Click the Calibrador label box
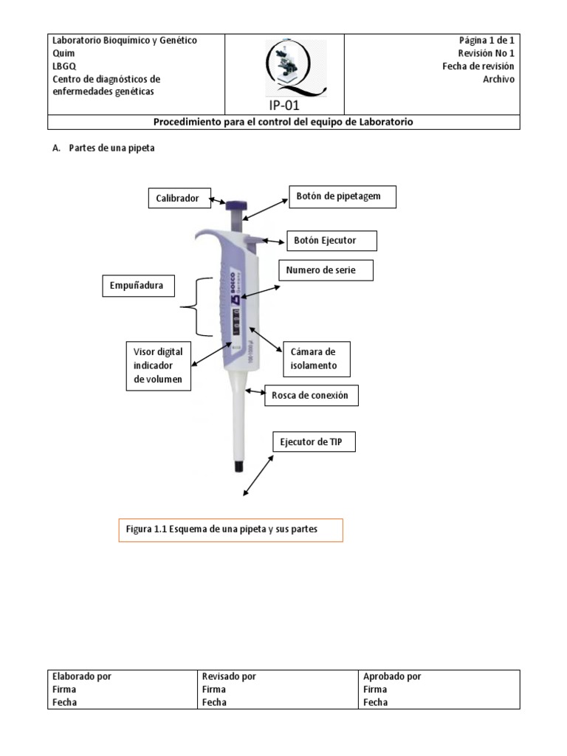pyautogui.click(x=177, y=198)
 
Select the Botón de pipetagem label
pyautogui.click(x=342, y=196)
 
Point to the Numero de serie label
pyautogui.click(x=326, y=271)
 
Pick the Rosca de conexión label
pyautogui.click(x=315, y=396)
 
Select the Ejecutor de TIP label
pyautogui.click(x=318, y=443)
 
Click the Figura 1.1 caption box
pyautogui.click(x=230, y=530)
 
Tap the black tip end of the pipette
pyautogui.click(x=239, y=467)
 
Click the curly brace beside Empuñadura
pyautogui.click(x=186, y=307)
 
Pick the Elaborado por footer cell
pyautogui.click(x=122, y=689)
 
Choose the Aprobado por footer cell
pyautogui.click(x=440, y=689)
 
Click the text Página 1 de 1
pyautogui.click(x=486, y=41)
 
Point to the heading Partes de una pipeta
pyautogui.click(x=111, y=148)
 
